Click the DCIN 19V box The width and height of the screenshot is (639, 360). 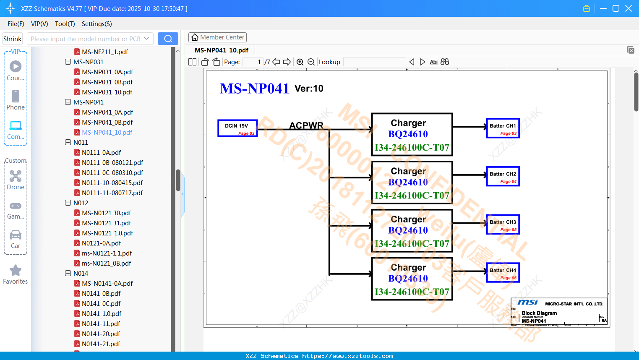237,128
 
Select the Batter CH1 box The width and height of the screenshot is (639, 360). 503,128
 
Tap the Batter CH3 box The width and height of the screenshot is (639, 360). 503,224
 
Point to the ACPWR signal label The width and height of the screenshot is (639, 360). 306,125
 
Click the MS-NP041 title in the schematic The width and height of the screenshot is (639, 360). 254,89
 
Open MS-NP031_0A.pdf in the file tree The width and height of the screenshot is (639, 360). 107,72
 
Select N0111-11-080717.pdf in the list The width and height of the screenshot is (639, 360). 112,193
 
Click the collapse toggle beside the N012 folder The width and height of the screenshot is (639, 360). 68,203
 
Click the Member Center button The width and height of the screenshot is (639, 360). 217,37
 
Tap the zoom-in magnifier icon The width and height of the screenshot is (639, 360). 300,62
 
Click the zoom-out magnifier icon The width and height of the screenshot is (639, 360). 311,62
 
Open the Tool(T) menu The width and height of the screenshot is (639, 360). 65,24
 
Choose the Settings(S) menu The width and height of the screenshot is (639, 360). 97,24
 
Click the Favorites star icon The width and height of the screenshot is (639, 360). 16,271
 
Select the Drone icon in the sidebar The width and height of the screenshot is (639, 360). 16,176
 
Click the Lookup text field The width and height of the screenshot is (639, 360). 374,62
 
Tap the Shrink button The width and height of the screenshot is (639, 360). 12,39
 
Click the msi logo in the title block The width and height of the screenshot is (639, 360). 527,302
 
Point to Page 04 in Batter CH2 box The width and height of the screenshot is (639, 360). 508,182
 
